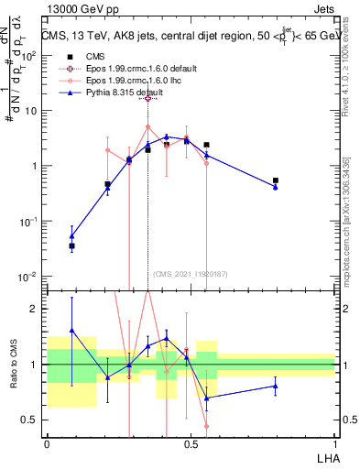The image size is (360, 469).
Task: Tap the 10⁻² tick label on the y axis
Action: (x=28, y=277)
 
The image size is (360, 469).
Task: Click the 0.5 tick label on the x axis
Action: (x=191, y=442)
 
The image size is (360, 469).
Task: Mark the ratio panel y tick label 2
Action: (x=36, y=309)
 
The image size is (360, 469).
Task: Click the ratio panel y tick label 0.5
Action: (x=30, y=420)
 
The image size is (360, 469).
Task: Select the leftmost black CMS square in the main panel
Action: (x=71, y=245)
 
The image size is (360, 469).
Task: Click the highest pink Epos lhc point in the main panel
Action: (x=147, y=127)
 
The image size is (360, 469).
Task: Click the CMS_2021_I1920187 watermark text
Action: (x=191, y=273)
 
